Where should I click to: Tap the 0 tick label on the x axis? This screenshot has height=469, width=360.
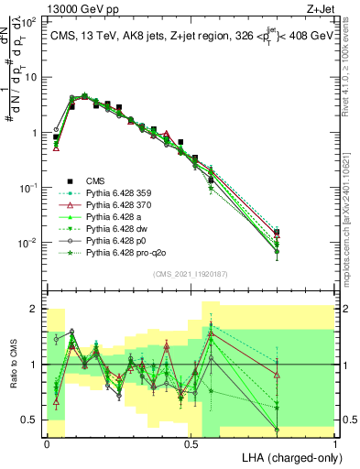point(47,443)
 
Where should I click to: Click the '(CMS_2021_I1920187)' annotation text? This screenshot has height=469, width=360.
point(191,274)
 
